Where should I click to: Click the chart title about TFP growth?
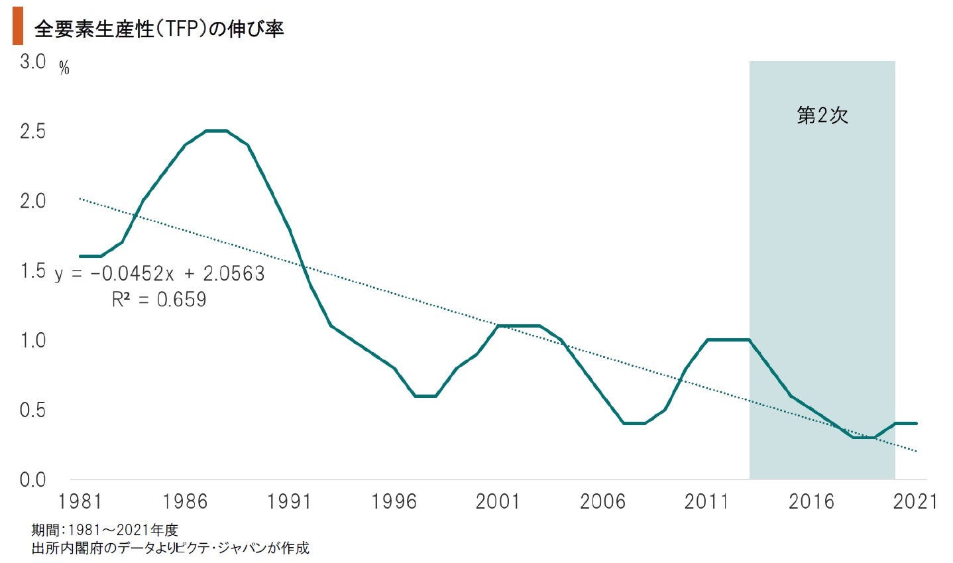point(159,29)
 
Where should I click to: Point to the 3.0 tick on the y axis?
point(32,62)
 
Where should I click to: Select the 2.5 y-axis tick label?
point(32,131)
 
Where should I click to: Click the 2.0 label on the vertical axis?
point(32,201)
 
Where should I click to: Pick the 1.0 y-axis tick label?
point(32,340)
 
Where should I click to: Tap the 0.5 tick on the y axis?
point(32,410)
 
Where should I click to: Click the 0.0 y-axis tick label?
point(32,479)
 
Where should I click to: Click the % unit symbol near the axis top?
point(64,68)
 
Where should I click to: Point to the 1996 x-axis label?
point(394,501)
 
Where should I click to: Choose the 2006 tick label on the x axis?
point(602,501)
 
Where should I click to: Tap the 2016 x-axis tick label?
point(811,501)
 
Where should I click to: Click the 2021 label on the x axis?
point(915,501)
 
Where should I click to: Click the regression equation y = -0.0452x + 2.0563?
point(159,273)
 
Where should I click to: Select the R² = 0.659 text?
point(159,300)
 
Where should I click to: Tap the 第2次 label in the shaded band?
point(822,116)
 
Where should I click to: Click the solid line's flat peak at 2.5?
point(216,131)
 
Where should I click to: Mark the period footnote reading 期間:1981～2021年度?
point(105,530)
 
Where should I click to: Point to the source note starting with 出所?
point(170,548)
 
